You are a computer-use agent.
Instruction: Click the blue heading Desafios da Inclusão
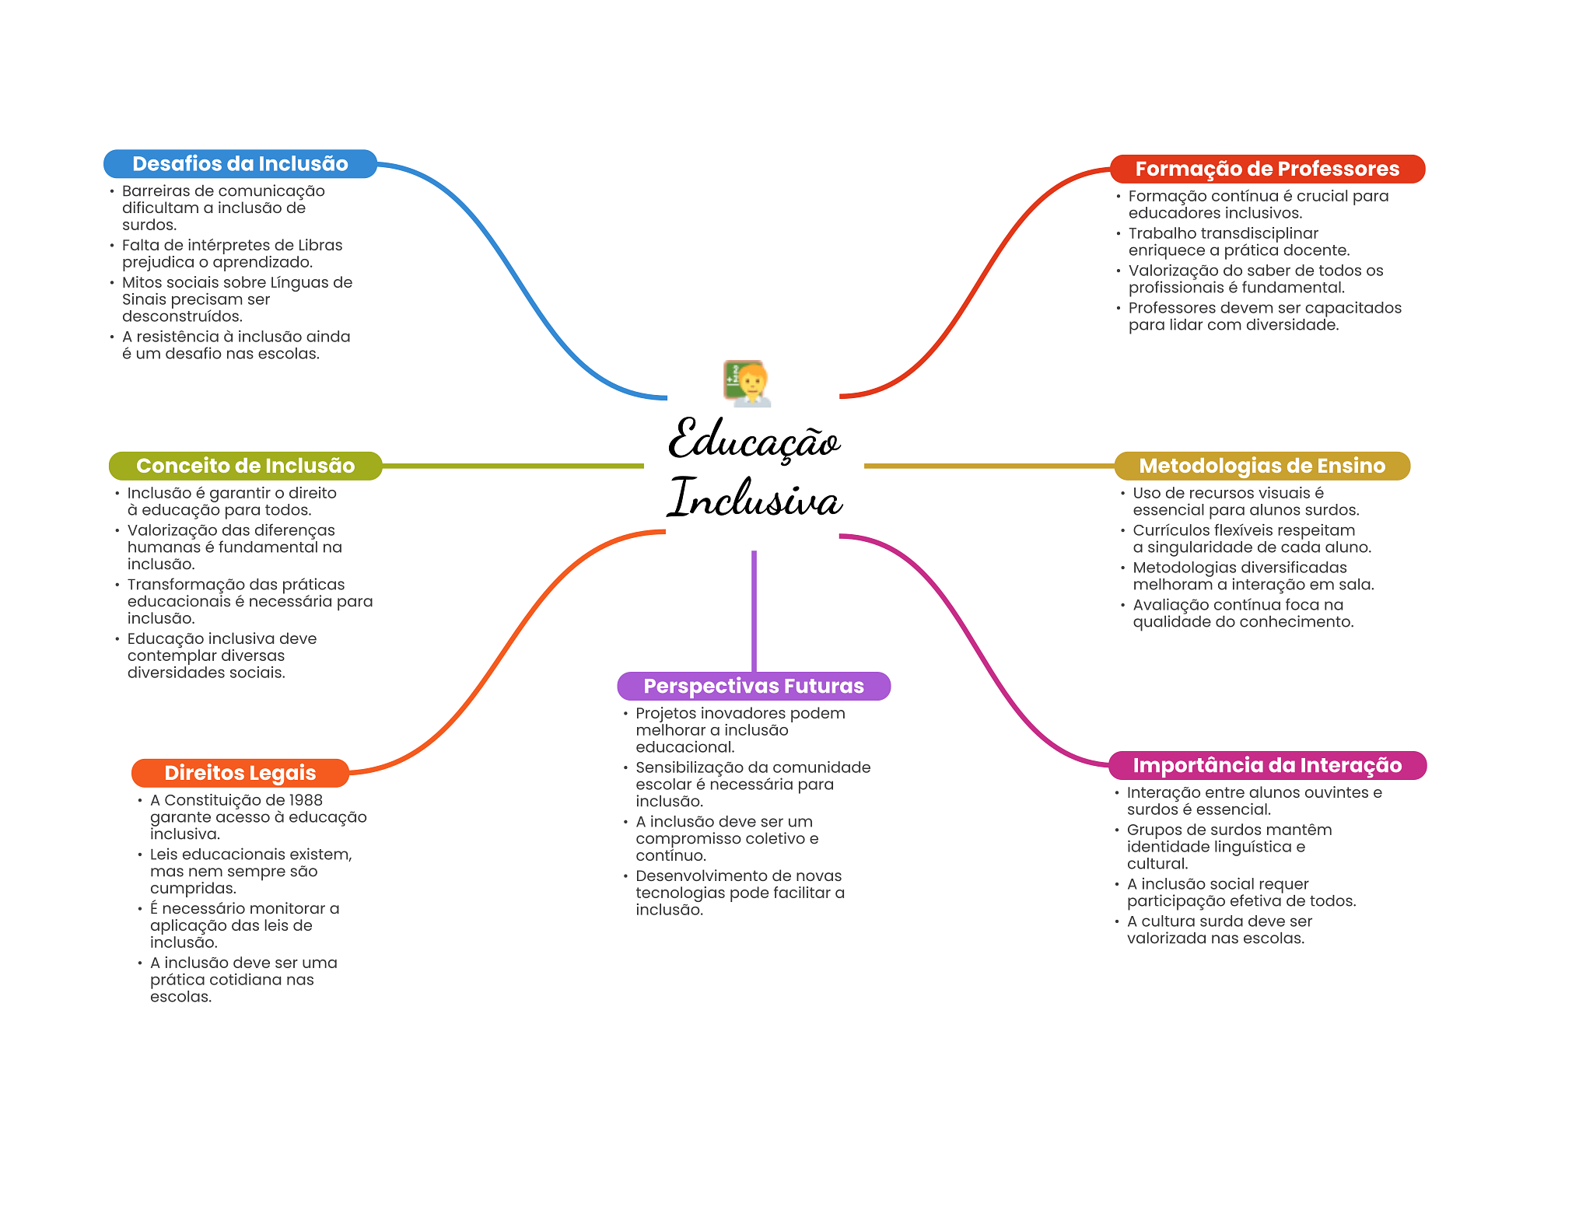click(x=240, y=164)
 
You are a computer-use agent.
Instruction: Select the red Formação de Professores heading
click(x=1266, y=169)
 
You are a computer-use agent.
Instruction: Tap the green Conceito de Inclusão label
click(x=245, y=466)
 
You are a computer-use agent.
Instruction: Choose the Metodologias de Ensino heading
click(x=1262, y=466)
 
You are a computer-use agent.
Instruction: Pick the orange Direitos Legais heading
click(x=240, y=773)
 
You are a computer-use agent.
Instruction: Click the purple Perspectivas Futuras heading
click(x=753, y=686)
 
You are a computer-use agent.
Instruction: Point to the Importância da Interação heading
click(x=1266, y=765)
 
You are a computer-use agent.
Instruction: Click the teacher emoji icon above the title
click(x=747, y=383)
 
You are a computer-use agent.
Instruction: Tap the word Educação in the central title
click(x=754, y=439)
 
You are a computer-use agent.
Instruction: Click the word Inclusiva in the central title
click(x=754, y=498)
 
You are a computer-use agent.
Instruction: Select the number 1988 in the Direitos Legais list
click(x=306, y=800)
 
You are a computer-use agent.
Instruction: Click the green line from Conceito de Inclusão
click(x=513, y=466)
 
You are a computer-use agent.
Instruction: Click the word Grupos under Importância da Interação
click(x=1150, y=830)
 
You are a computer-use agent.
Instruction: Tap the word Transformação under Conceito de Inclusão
click(x=186, y=585)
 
